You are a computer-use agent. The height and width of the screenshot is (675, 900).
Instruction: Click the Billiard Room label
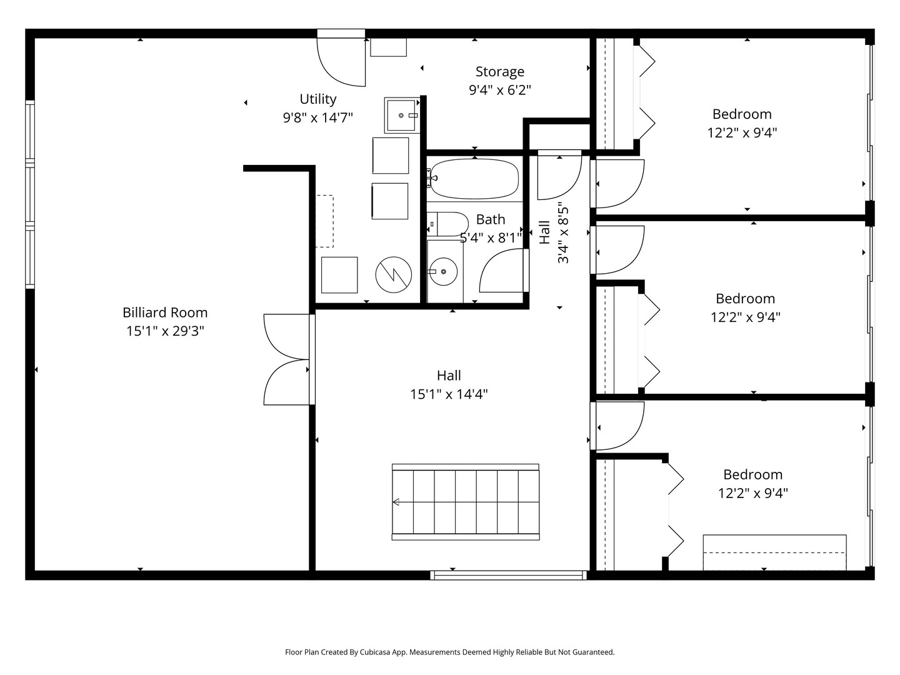[165, 312]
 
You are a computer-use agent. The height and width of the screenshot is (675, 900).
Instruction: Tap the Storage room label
[500, 72]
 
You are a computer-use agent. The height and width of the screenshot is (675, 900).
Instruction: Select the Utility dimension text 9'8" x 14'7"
[317, 118]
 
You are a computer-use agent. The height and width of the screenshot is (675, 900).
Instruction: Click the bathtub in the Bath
[474, 179]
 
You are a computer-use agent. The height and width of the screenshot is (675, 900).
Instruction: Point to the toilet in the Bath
[447, 224]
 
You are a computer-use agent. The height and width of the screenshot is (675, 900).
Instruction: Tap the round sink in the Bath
[443, 271]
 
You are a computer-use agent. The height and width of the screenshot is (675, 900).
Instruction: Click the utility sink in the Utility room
[402, 115]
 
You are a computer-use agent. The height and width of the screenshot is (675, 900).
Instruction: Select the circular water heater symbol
[394, 275]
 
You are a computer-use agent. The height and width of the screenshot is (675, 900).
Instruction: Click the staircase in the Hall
[466, 502]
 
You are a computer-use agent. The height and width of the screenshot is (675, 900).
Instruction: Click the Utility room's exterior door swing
[341, 57]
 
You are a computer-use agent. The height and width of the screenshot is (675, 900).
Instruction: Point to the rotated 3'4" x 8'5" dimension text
[563, 234]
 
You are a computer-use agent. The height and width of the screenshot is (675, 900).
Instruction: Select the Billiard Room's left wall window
[30, 194]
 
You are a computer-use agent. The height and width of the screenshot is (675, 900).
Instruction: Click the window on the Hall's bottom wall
[508, 576]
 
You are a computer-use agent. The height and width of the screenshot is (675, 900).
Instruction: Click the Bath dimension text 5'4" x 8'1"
[491, 237]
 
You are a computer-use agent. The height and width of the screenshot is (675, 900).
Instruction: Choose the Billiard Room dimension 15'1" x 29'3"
[165, 331]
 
